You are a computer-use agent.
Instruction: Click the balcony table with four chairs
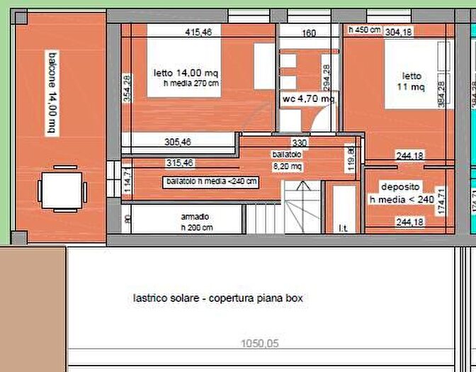(62, 188)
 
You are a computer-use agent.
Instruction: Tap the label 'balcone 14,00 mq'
(51, 92)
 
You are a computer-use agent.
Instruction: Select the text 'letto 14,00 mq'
(186, 72)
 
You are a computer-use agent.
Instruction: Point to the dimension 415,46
(199, 32)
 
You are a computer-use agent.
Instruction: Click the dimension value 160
(309, 32)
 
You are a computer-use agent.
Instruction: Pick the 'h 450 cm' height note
(365, 30)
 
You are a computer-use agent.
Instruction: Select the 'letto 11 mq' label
(412, 81)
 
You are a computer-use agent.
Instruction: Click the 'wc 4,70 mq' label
(308, 99)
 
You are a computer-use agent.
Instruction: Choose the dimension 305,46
(178, 142)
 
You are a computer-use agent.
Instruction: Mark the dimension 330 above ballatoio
(300, 142)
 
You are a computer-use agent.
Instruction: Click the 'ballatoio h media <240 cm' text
(210, 181)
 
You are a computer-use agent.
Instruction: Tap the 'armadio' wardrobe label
(194, 216)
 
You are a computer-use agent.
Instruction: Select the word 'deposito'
(400, 187)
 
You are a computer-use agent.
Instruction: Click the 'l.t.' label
(343, 227)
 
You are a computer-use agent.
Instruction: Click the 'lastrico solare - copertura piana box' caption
(218, 298)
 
